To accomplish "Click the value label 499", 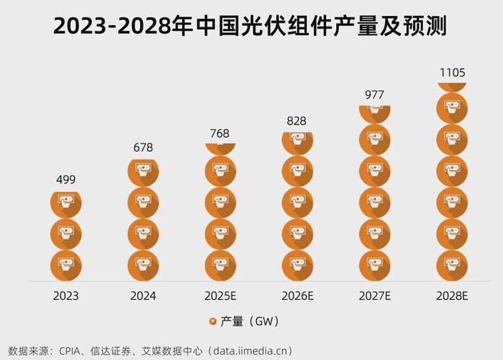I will (x=66, y=180).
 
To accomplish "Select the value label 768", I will (x=219, y=133).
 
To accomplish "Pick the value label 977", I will (x=373, y=95).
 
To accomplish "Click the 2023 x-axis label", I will (x=66, y=294).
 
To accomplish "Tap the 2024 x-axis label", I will (x=143, y=294).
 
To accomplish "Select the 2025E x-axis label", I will (x=220, y=294).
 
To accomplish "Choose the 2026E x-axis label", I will (x=297, y=294).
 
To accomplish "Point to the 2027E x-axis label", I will (x=373, y=294).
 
